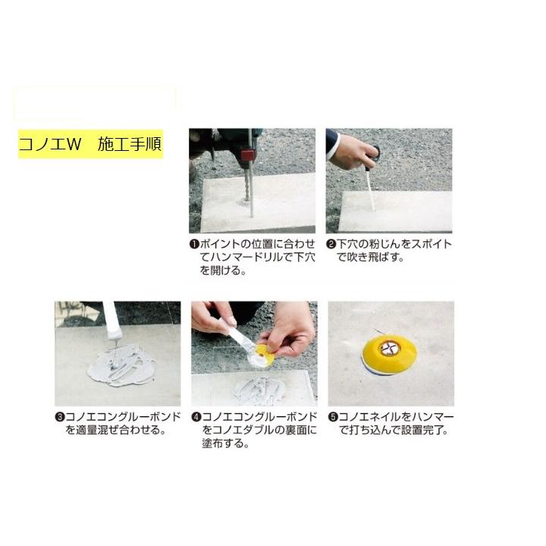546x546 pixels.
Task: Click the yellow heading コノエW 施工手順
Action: (x=90, y=145)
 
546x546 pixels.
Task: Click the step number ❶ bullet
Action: (x=194, y=244)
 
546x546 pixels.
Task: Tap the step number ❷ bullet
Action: (x=331, y=244)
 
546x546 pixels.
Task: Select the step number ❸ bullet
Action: (x=58, y=417)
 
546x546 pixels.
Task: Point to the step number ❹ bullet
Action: (x=196, y=417)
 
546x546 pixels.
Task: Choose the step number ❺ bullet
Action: (x=333, y=417)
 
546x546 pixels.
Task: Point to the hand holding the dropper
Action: (x=350, y=152)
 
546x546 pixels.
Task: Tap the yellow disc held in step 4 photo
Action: (x=266, y=353)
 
